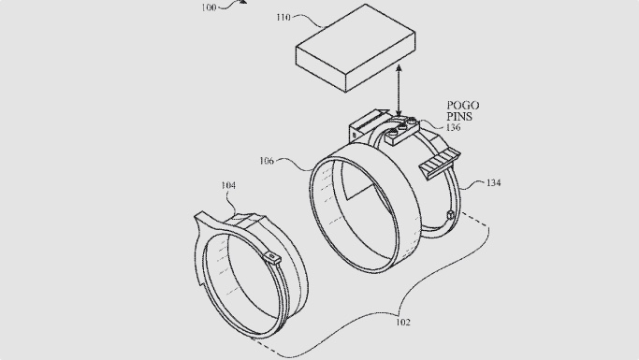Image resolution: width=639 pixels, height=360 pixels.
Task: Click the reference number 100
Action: [x=208, y=7]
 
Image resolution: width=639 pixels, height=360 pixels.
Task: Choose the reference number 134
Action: [x=492, y=183]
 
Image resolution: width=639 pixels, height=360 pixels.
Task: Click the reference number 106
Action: [x=266, y=161]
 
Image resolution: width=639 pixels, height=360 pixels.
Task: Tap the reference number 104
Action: [x=228, y=186]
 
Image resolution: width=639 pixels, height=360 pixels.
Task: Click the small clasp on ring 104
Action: [x=273, y=256]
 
